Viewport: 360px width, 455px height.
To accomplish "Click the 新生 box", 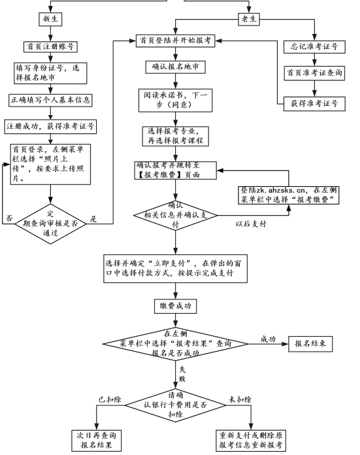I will tap(51, 20).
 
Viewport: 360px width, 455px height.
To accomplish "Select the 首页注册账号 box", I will tap(50, 46).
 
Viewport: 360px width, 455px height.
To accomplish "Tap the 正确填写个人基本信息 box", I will tap(50, 100).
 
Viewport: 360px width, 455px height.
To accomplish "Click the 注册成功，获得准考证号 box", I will tap(50, 126).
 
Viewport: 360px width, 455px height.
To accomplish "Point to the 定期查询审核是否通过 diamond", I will tap(50, 220).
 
